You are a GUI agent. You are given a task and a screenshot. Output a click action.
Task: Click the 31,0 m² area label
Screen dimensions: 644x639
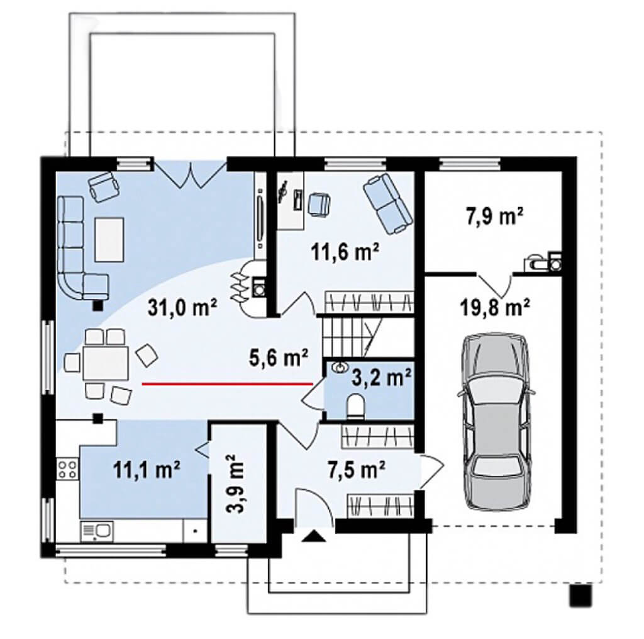[182, 308]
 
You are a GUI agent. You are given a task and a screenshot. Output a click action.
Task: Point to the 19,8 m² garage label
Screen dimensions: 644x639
[495, 307]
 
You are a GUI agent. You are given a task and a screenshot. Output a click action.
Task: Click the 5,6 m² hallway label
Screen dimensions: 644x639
[279, 357]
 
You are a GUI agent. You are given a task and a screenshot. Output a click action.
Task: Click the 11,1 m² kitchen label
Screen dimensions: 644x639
[147, 470]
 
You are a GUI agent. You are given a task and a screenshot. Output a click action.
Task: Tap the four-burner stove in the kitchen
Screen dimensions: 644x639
[67, 469]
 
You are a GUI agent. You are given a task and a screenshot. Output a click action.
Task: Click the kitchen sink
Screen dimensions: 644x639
[97, 531]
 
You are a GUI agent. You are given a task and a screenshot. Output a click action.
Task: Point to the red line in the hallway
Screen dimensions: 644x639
[227, 383]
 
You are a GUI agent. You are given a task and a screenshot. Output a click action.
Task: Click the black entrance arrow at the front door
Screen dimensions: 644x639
[313, 536]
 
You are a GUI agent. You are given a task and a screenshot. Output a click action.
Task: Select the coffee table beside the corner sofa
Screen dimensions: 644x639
[109, 239]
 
